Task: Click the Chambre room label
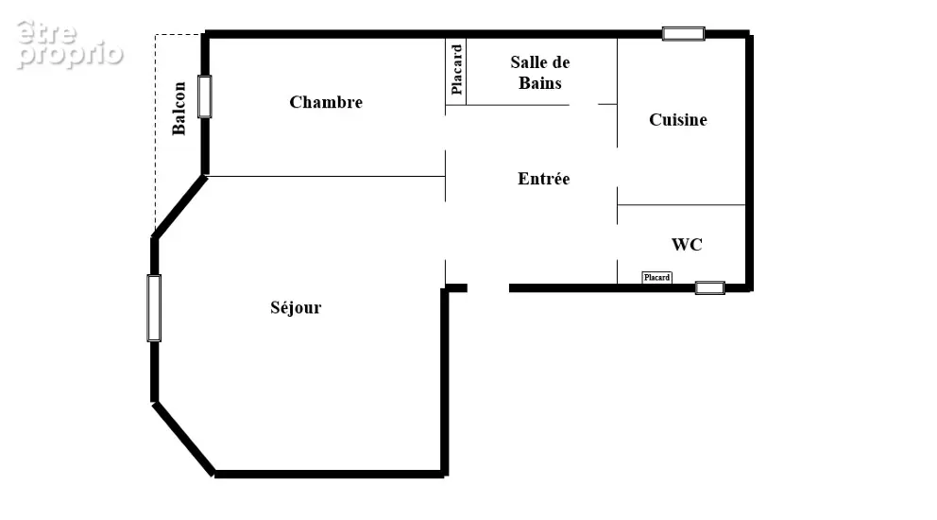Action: coord(326,102)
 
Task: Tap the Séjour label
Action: coord(296,307)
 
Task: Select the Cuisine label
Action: coord(677,120)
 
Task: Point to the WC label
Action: coord(687,245)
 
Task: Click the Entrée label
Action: coord(544,179)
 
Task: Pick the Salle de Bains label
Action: coord(540,73)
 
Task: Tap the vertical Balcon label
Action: coord(179,109)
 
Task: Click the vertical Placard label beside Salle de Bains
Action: coord(456,69)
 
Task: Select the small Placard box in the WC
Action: coord(656,277)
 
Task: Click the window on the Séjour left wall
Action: coord(154,308)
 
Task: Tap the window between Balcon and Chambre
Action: coord(204,96)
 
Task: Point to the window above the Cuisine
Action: coord(684,33)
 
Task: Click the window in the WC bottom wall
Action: coord(710,287)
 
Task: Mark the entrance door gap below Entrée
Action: coord(488,288)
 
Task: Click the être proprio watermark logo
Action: coord(69,44)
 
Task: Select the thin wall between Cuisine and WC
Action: coord(681,204)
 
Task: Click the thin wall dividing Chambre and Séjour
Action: coord(326,176)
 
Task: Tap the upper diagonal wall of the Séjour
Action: coord(179,207)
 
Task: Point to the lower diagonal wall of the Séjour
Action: coord(183,440)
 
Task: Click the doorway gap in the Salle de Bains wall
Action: coord(583,105)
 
